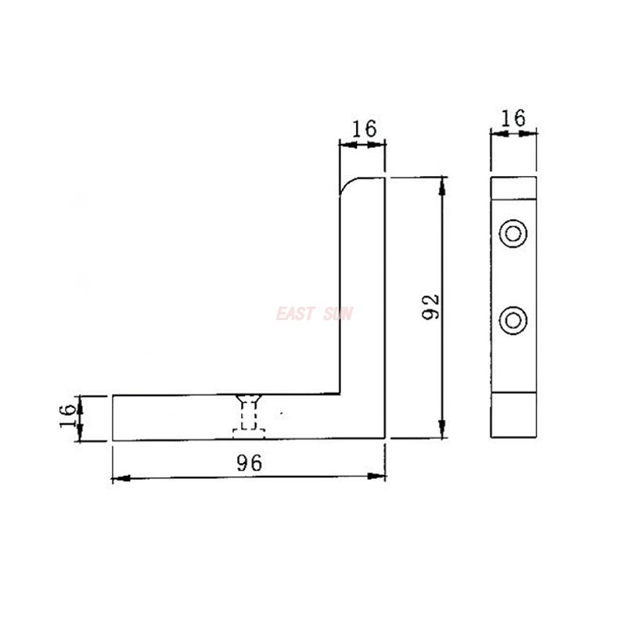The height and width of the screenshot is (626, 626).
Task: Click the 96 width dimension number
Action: point(249,462)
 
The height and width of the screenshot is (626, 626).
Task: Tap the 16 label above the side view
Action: point(513,117)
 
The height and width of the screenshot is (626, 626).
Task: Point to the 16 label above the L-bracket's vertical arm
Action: point(362,128)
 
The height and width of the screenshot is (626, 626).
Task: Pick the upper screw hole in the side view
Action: point(513,233)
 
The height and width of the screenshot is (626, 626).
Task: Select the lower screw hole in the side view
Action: point(513,319)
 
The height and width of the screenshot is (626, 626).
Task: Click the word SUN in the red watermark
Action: point(338,315)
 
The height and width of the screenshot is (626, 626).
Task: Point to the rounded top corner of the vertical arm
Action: point(347,185)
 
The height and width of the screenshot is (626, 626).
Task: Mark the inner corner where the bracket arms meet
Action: point(340,394)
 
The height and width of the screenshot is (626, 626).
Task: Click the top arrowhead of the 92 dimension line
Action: point(443,184)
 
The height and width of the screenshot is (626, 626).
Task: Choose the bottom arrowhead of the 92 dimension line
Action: point(443,432)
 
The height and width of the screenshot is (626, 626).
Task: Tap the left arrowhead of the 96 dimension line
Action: point(118,477)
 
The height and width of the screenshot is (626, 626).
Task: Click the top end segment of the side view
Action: point(513,188)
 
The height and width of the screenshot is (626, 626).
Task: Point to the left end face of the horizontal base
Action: point(113,418)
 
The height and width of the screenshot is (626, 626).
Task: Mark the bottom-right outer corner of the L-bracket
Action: point(385,440)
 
